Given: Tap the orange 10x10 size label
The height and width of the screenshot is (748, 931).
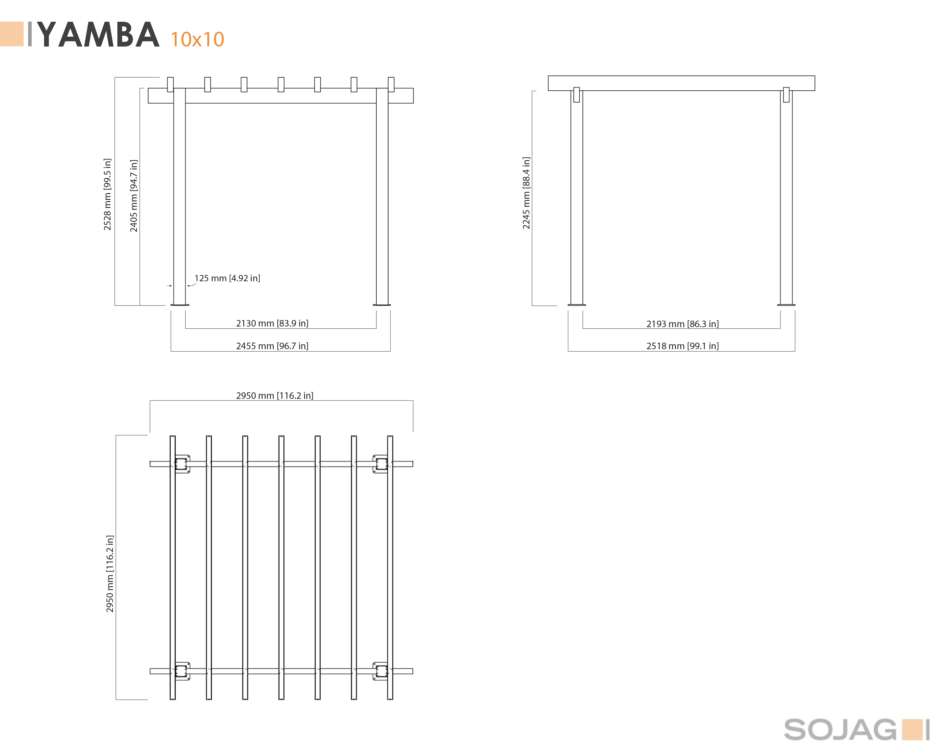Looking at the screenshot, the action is [x=197, y=39].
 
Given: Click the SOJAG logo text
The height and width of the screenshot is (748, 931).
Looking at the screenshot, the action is [x=840, y=730].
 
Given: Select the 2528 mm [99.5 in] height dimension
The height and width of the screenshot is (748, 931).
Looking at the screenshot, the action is [x=107, y=194].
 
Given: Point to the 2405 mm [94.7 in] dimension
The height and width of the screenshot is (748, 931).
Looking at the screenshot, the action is [x=134, y=196].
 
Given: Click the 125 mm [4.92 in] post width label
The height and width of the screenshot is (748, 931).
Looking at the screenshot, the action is [x=227, y=278].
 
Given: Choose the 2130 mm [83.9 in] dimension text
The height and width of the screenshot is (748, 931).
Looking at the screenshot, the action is [x=272, y=323].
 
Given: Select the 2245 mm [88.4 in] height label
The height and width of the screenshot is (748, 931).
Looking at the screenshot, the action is [x=526, y=193].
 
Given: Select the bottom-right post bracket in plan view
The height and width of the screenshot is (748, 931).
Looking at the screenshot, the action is [x=380, y=671].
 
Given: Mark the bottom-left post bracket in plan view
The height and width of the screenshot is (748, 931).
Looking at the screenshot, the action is [x=182, y=671].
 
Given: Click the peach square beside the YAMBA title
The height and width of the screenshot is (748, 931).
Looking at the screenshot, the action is [x=12, y=34].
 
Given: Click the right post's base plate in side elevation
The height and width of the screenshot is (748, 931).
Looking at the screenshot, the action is [x=786, y=305].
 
